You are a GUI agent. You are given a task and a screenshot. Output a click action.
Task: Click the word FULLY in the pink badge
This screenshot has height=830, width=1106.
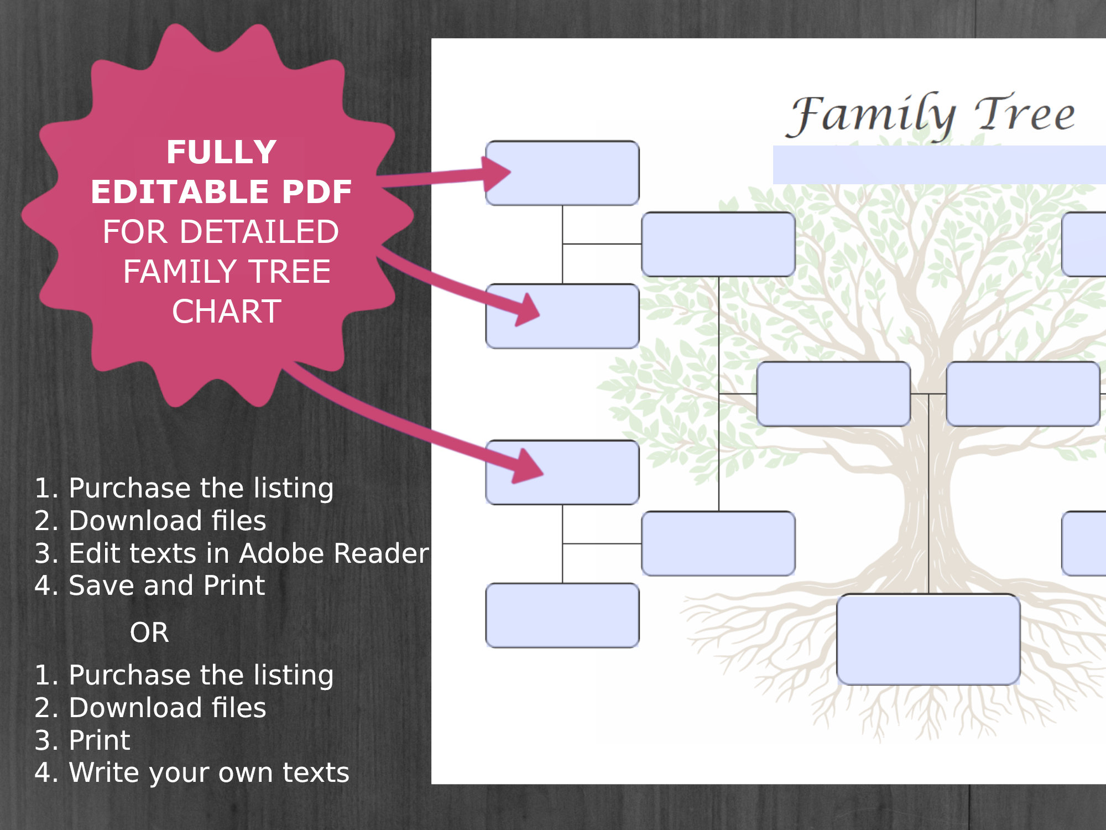click(x=221, y=152)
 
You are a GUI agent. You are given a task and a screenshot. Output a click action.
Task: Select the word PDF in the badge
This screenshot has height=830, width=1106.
click(x=317, y=192)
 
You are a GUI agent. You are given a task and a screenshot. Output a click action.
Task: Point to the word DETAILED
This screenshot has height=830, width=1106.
click(x=259, y=232)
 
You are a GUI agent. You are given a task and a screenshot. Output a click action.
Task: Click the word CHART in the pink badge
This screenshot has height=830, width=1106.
click(x=226, y=312)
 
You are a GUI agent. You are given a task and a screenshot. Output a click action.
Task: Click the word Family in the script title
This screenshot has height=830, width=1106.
click(x=872, y=115)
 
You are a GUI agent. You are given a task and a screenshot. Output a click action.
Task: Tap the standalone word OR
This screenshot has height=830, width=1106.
click(x=149, y=632)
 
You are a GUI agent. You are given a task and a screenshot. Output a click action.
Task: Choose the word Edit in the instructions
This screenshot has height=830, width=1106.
click(x=93, y=553)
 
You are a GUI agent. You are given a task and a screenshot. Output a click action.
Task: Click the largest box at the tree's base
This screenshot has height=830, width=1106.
click(x=928, y=639)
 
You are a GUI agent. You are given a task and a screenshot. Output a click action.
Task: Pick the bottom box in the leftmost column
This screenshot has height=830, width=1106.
click(x=562, y=615)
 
